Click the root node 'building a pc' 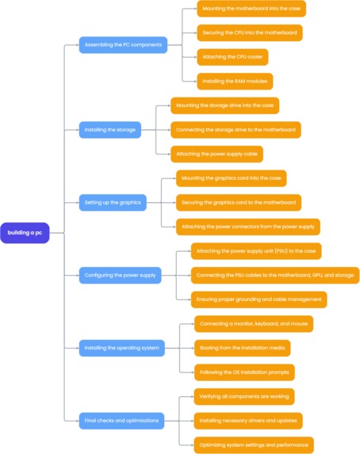[x=25, y=233]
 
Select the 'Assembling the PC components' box [x=123, y=45]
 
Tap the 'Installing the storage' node [x=110, y=129]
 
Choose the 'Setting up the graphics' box [x=113, y=203]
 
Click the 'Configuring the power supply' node [x=121, y=276]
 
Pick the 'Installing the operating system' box [x=122, y=347]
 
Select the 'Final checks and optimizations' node [x=121, y=421]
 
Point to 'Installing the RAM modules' [x=235, y=81]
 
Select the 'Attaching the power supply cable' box [x=216, y=155]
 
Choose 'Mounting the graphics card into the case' [x=231, y=178]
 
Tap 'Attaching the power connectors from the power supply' [x=247, y=227]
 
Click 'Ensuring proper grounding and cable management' [x=259, y=299]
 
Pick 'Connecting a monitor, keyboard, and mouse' [x=254, y=323]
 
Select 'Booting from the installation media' [x=242, y=348]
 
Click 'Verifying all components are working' [x=244, y=396]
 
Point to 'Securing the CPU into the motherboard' [x=249, y=33]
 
